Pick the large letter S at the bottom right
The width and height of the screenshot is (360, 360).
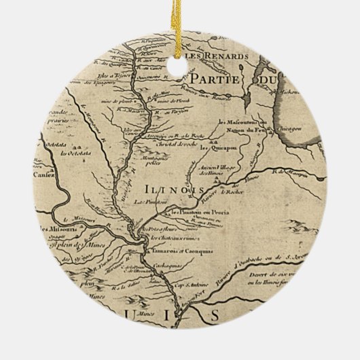215,316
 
